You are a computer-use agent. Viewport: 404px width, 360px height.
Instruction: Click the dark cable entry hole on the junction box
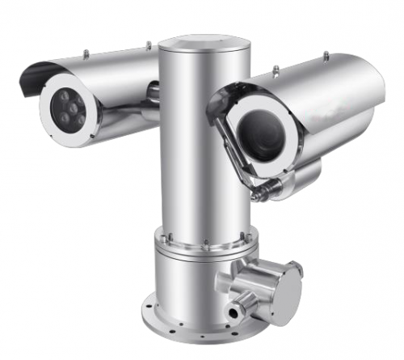click(236, 311)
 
